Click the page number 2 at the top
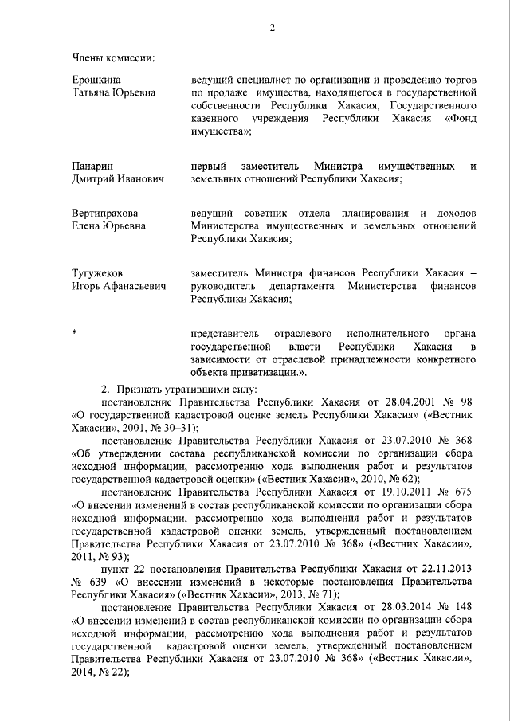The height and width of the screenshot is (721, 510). point(272,29)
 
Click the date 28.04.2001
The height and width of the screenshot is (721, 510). point(400,402)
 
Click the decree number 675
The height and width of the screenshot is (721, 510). point(469,492)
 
